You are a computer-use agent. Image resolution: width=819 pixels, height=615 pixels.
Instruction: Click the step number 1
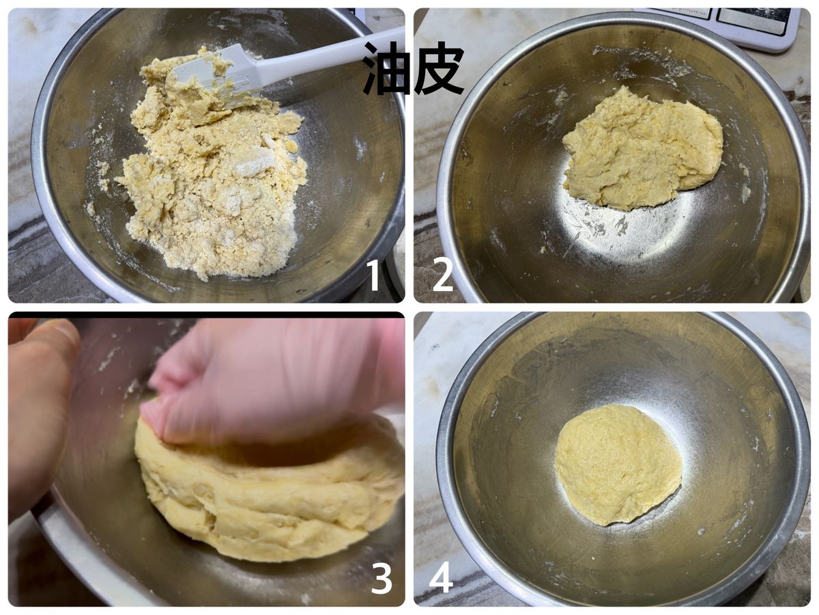click(x=373, y=275)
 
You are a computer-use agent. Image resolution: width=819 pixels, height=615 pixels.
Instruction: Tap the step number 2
click(x=442, y=275)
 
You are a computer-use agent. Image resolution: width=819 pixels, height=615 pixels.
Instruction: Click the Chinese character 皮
click(x=439, y=68)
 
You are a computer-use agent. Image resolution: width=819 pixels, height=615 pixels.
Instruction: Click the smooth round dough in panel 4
click(x=617, y=465)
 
